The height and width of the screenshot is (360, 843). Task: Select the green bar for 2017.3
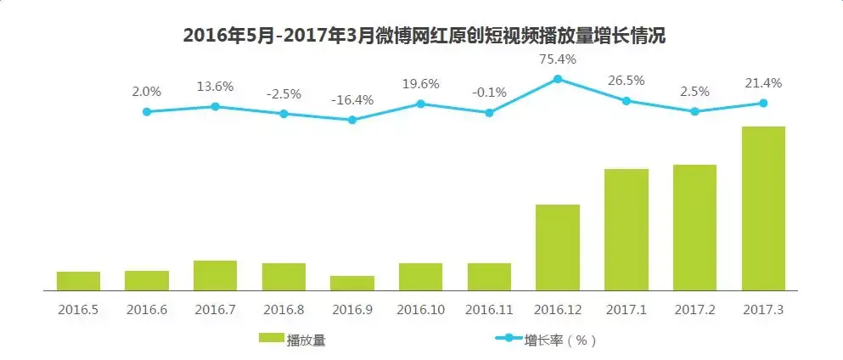click(x=762, y=208)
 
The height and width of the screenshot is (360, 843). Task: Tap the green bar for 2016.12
click(x=557, y=247)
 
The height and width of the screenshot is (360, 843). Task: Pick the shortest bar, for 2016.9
click(x=351, y=283)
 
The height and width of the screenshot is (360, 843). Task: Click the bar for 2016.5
click(x=78, y=281)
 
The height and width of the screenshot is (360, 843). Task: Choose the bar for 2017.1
click(x=626, y=229)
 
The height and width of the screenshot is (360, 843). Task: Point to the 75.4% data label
click(x=558, y=59)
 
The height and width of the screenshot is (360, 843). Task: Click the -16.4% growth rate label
click(x=351, y=100)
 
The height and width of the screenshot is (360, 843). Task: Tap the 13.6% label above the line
click(x=215, y=87)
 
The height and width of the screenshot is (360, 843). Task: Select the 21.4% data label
click(x=762, y=83)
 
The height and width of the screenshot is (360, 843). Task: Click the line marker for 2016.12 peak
click(x=558, y=79)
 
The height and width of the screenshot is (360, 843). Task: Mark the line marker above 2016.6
click(x=147, y=111)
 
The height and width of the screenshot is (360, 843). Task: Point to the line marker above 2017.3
click(x=762, y=103)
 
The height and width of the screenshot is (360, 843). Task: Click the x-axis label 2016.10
click(x=420, y=310)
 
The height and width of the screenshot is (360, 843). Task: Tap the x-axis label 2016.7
click(x=215, y=310)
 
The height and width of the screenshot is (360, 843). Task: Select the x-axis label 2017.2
click(x=694, y=310)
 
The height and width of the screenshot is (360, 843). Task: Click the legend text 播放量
click(x=306, y=340)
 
